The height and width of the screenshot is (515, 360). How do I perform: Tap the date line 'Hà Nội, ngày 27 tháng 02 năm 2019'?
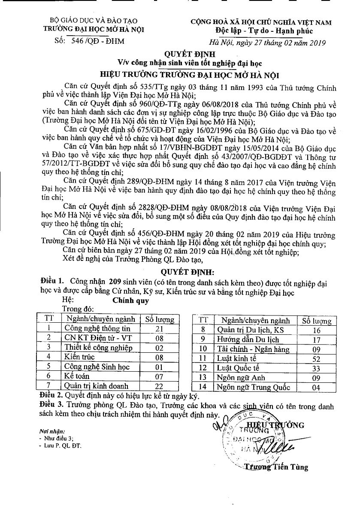pos(267,42)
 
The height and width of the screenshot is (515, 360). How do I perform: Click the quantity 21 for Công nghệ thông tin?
pos(160,329)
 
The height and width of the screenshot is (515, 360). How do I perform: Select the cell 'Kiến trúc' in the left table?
pos(80,357)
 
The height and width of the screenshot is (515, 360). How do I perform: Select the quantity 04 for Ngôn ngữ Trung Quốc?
pos(317,388)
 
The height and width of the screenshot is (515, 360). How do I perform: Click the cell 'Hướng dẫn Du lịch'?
pos(248,340)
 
